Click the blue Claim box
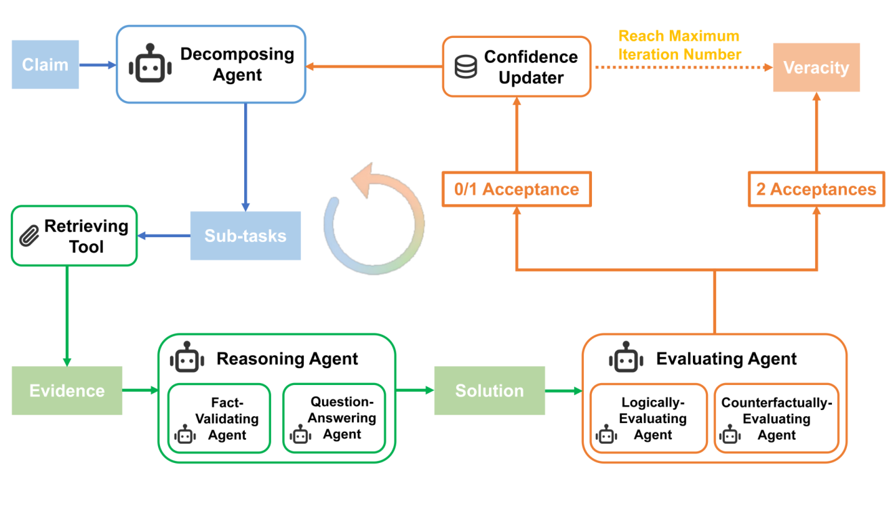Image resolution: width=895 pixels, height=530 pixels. (x=45, y=65)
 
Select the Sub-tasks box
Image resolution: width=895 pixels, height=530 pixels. (x=245, y=236)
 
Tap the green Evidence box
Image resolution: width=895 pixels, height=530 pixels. (x=67, y=390)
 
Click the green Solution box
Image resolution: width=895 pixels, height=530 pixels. (x=490, y=390)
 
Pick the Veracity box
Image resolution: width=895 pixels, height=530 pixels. (x=816, y=68)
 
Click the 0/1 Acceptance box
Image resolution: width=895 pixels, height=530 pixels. (x=517, y=189)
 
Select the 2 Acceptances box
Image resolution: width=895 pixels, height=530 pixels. (x=816, y=189)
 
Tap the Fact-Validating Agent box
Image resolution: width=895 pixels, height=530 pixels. (x=219, y=419)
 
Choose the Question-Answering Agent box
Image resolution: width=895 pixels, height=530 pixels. (x=334, y=419)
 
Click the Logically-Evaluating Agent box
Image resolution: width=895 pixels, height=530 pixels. (x=649, y=419)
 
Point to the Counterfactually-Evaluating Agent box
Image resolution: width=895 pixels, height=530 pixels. (x=776, y=419)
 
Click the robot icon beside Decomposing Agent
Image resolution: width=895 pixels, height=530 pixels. (x=150, y=64)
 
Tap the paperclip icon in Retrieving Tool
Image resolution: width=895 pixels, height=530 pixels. (x=29, y=237)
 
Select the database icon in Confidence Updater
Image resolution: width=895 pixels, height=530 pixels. (x=466, y=67)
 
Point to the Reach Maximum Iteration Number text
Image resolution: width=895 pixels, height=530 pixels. (x=679, y=45)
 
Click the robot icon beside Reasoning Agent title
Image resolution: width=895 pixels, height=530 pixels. (x=187, y=359)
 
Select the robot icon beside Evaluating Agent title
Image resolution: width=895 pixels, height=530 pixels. (x=626, y=359)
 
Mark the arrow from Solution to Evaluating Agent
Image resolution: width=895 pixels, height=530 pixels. (x=563, y=390)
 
